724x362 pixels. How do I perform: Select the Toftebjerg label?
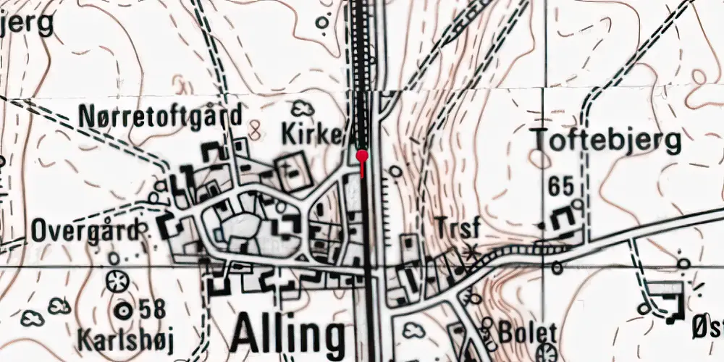605,140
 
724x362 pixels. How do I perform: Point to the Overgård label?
84,232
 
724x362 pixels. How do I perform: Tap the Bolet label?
528,334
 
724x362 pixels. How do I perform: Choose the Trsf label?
458,227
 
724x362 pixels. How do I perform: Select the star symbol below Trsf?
471,253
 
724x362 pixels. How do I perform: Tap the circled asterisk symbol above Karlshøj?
114,281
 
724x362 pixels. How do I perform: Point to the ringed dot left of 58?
124,310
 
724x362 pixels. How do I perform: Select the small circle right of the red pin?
395,172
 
